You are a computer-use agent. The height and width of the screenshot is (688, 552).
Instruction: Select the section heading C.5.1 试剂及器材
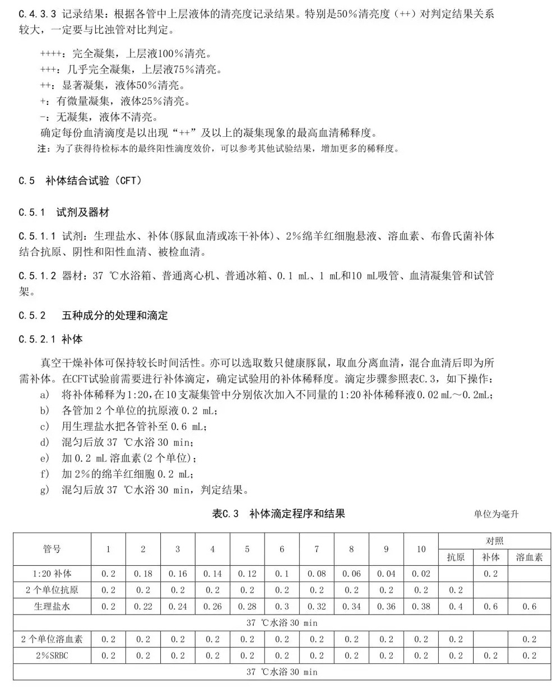[63, 212]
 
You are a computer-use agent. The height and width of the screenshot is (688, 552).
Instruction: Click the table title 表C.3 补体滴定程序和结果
[279, 514]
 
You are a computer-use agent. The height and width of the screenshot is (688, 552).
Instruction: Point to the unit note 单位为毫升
[496, 514]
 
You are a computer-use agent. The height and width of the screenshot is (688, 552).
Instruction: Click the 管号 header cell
[52, 549]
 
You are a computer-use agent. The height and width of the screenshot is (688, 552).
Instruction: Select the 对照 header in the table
[494, 541]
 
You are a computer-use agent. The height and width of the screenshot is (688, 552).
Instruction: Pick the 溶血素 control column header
[529, 557]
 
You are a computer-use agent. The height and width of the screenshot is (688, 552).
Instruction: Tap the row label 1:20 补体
[52, 574]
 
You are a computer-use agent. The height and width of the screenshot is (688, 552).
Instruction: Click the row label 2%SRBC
[52, 655]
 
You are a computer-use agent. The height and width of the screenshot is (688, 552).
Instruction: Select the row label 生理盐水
[52, 606]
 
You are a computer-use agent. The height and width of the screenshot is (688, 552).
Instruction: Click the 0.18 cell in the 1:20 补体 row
[143, 574]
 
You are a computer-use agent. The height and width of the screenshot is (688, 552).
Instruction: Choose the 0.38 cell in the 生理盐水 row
[421, 606]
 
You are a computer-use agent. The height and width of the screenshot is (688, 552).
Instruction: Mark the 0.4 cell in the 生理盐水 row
[456, 606]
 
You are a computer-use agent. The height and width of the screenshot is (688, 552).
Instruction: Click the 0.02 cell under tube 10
[421, 574]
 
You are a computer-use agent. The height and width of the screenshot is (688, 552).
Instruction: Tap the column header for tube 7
[317, 549]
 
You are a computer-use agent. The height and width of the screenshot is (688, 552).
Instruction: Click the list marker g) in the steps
[45, 490]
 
